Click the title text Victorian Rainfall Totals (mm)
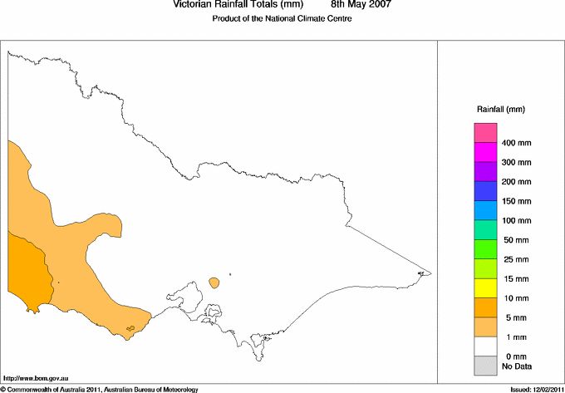232,5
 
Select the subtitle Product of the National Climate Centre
282,19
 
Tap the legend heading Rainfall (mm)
500,110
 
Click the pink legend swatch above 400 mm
485,133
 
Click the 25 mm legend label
516,259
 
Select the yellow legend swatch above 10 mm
485,288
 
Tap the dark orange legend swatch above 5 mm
485,307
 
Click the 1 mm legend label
516,337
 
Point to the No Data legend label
516,366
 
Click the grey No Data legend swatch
485,366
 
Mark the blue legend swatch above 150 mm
485,191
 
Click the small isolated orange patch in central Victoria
215,282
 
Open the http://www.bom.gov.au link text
34,379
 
